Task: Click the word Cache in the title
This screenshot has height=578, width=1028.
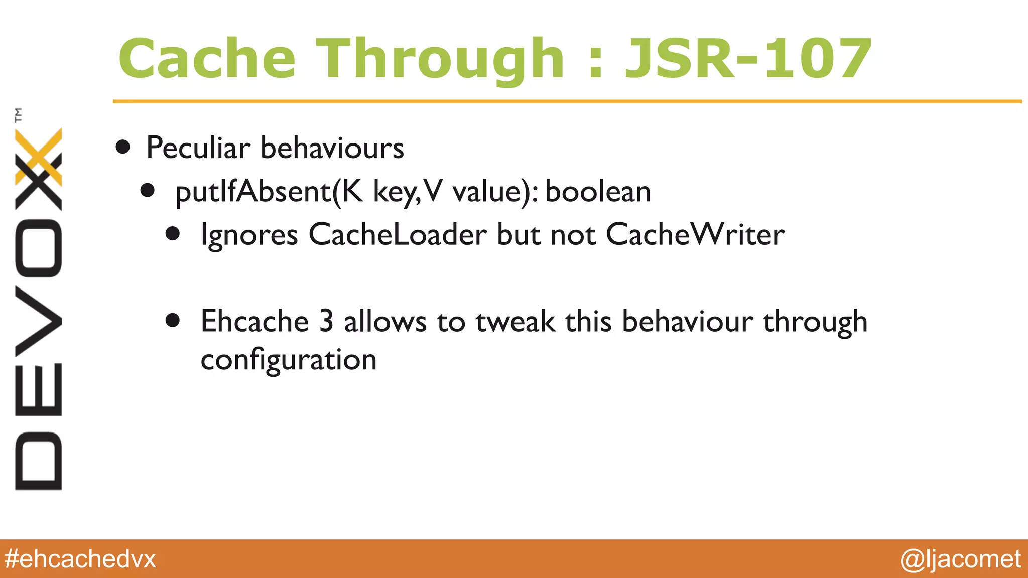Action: coord(207,59)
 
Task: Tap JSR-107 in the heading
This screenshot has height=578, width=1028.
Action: coord(747,59)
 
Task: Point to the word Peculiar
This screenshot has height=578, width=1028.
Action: coord(198,148)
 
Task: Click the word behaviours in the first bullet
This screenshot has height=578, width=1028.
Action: coord(332,148)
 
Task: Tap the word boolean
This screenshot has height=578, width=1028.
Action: coord(598,192)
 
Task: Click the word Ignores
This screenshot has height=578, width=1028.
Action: coord(249,235)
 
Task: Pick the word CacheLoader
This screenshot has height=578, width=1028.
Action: coord(397,234)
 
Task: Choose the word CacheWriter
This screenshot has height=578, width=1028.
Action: coord(695,234)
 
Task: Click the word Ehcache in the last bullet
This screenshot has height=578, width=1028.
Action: coord(254,321)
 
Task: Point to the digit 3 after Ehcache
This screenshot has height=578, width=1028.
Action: coord(326,321)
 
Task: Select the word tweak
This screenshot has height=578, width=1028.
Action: coord(515,321)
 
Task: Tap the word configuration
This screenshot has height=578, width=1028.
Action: coord(289,360)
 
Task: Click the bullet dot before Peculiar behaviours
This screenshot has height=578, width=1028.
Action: coord(123,148)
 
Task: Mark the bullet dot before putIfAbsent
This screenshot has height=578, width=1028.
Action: coord(148,191)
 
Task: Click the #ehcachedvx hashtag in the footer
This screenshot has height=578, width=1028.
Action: coord(80,559)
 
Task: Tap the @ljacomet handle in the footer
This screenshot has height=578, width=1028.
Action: coord(960,559)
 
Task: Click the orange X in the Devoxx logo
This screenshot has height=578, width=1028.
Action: coord(39,157)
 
